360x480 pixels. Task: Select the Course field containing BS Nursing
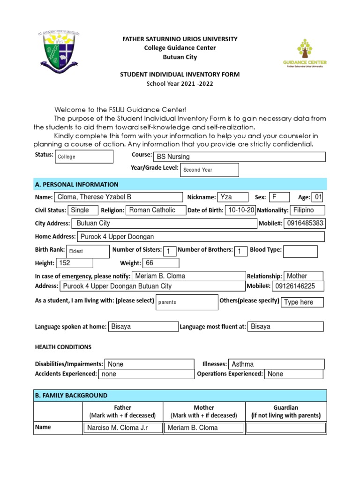point(239,157)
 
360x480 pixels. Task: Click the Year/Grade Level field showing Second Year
point(209,170)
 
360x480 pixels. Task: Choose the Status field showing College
point(84,157)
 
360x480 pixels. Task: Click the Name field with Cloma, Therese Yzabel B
point(119,197)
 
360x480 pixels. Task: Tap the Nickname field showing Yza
point(232,197)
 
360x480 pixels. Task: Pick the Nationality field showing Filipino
point(307,210)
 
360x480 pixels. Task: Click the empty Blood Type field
point(300,251)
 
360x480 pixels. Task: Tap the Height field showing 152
point(74,263)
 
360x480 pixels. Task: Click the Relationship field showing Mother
point(304,276)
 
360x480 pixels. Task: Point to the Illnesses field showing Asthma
point(276,364)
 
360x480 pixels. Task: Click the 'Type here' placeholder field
point(303,302)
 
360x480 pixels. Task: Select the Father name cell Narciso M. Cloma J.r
point(123,427)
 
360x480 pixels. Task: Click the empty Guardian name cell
point(286,427)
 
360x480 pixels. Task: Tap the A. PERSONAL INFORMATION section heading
point(77,184)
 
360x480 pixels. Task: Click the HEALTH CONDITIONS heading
point(63,347)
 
